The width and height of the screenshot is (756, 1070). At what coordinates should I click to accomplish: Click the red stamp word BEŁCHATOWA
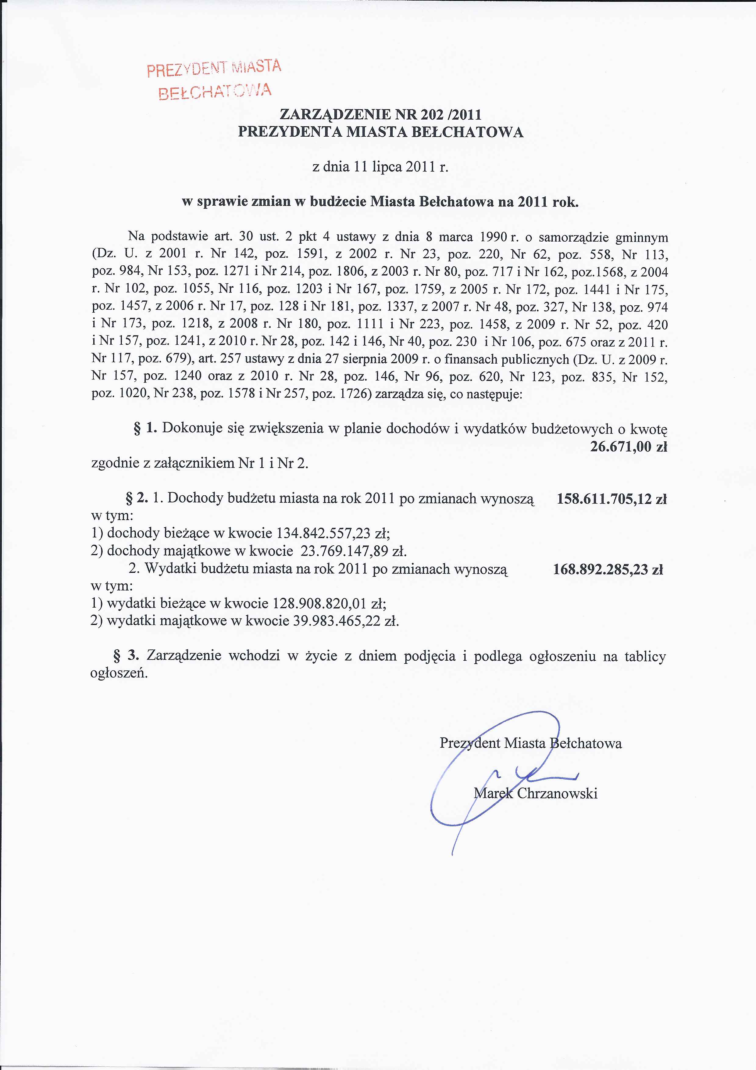pos(215,91)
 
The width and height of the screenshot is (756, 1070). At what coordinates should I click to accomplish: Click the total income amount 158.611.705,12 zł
pos(612,499)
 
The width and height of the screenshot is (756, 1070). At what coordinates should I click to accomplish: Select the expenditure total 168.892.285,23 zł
pos(608,569)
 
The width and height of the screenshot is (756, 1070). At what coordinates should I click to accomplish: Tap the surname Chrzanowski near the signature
pos(557,793)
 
